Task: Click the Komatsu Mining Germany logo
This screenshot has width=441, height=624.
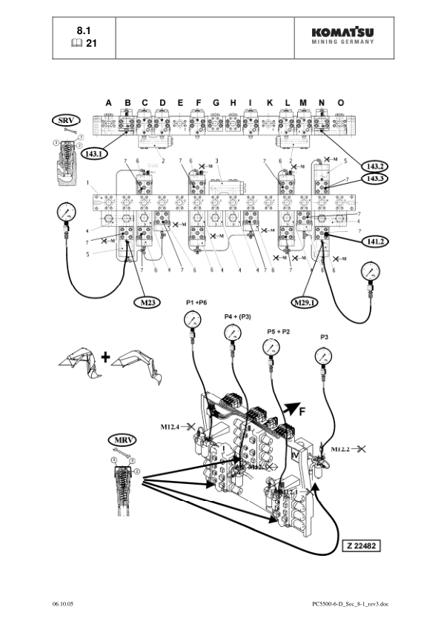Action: coord(342,36)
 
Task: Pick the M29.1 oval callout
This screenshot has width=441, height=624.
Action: coord(306,302)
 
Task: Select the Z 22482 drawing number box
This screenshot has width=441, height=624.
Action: coord(368,545)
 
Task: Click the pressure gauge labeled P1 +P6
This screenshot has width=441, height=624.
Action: coord(193,321)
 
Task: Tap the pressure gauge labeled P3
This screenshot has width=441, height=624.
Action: coord(324,356)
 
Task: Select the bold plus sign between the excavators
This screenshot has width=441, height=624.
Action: coord(105,357)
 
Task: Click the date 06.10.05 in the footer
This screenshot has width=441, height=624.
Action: coord(64,604)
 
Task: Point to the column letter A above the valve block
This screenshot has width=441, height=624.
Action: coord(108,102)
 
